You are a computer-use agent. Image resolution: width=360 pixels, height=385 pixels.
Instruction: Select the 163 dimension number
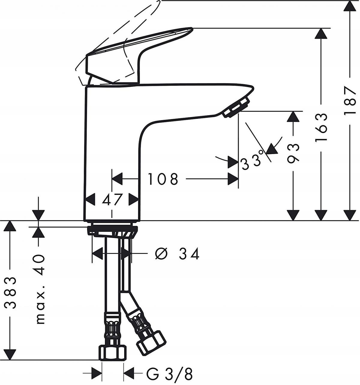coord(321,128)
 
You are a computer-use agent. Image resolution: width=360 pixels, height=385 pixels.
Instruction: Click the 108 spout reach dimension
coord(163,179)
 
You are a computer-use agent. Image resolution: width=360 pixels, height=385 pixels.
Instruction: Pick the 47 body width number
coord(112,199)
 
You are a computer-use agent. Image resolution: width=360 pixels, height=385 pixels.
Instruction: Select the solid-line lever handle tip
coord(189,29)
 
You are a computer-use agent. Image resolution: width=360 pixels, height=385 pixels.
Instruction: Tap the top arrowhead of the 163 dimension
coord(321,34)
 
